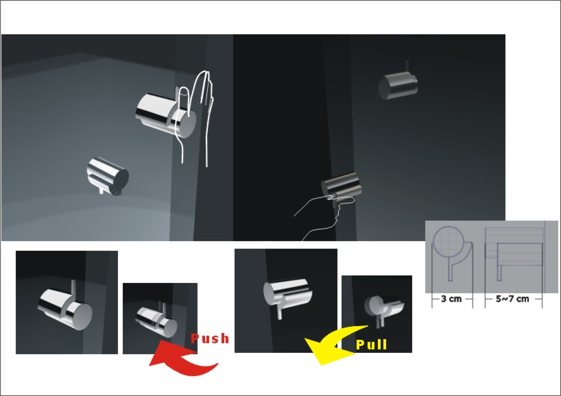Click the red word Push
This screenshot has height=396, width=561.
pyautogui.click(x=210, y=338)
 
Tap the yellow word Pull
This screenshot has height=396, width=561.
pyautogui.click(x=372, y=345)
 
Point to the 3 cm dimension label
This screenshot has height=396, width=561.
pyautogui.click(x=451, y=299)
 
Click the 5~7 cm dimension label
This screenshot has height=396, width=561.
pyautogui.click(x=512, y=299)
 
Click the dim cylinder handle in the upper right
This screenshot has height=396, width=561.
pyautogui.click(x=398, y=86)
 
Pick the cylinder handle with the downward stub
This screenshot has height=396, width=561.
pyautogui.click(x=108, y=176)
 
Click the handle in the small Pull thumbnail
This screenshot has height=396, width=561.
pyautogui.click(x=384, y=307)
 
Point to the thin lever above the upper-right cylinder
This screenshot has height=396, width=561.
pyautogui.click(x=407, y=67)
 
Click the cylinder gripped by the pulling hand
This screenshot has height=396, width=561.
pyautogui.click(x=341, y=185)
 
